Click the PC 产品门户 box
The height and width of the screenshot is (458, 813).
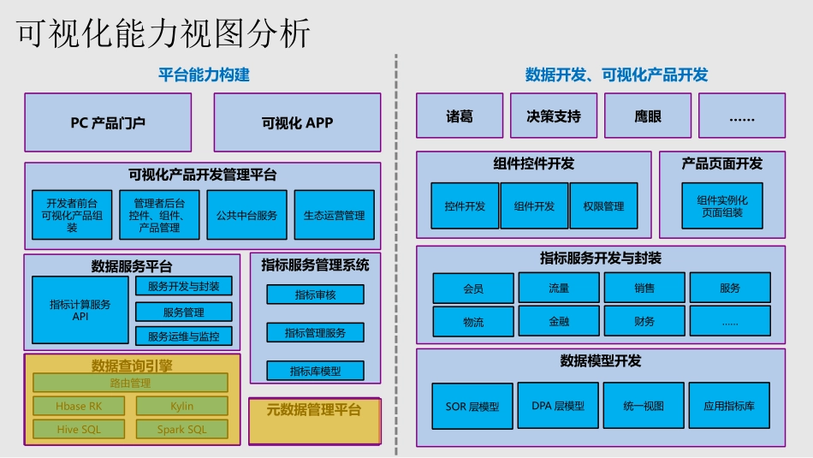[108, 122]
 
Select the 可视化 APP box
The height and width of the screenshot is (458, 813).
[297, 122]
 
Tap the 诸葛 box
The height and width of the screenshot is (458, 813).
[459, 116]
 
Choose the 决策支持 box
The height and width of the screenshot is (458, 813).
[554, 116]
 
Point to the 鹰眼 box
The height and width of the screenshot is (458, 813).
[648, 116]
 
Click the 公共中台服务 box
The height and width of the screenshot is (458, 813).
[247, 215]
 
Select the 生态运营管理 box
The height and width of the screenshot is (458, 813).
[334, 215]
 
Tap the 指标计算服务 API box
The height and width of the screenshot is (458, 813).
[80, 310]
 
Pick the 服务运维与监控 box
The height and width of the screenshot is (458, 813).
[183, 336]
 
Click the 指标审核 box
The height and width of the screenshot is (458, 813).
[315, 294]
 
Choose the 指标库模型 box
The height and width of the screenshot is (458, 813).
[315, 371]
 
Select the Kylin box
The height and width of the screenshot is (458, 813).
[181, 406]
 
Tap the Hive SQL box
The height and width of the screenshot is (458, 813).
[79, 429]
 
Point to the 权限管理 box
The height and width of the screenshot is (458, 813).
[603, 206]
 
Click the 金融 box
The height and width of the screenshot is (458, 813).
[559, 321]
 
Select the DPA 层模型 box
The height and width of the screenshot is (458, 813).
[558, 406]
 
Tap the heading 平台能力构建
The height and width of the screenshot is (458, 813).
[204, 74]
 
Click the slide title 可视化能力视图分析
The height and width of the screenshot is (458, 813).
[163, 34]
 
